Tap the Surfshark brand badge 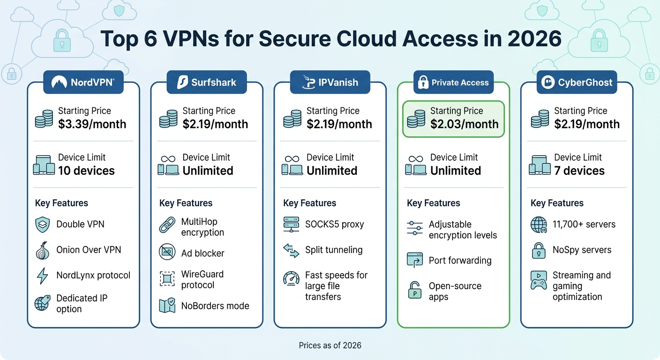click(206, 83)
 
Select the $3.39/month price click(92, 124)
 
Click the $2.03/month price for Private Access click(464, 124)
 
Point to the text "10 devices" click(86, 171)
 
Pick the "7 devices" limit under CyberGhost click(579, 171)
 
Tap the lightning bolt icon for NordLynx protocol click(42, 276)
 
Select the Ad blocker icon click(167, 252)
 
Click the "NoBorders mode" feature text click(215, 306)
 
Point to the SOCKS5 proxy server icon click(291, 225)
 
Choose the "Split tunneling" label click(334, 250)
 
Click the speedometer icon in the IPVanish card click(291, 279)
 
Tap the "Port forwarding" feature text click(460, 261)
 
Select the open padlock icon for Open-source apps click(414, 291)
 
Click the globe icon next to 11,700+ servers click(539, 225)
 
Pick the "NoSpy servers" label click(582, 250)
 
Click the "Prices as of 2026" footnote click(330, 345)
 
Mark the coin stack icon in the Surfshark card click(167, 119)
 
